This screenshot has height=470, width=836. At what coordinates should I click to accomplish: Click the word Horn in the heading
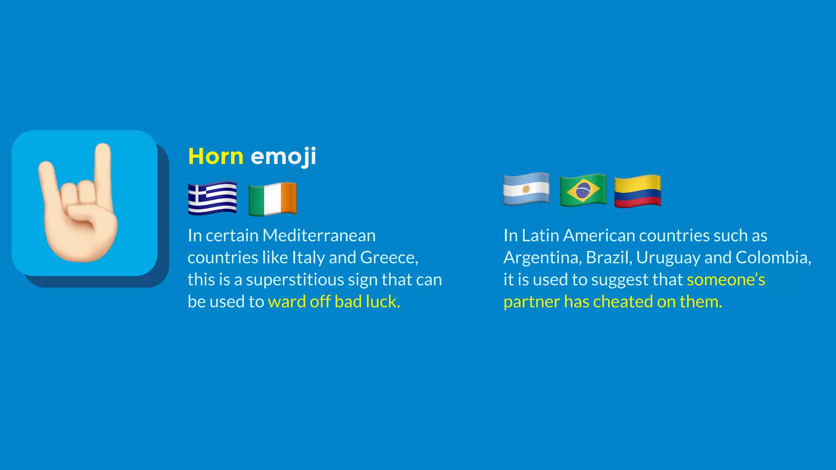(x=216, y=156)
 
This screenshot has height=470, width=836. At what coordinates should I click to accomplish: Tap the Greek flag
(x=212, y=198)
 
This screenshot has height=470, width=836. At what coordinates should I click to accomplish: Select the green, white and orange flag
(x=272, y=199)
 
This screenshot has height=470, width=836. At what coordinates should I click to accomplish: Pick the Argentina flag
(x=526, y=189)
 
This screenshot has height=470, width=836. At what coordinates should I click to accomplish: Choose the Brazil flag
(x=583, y=190)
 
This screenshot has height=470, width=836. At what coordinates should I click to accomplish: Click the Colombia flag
(x=637, y=191)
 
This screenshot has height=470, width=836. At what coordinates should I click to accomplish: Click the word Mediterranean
(x=319, y=235)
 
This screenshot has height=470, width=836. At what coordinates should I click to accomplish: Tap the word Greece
(x=388, y=257)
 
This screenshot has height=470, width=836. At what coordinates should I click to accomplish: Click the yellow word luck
(x=382, y=302)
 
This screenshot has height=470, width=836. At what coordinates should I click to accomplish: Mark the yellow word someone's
(x=726, y=280)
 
